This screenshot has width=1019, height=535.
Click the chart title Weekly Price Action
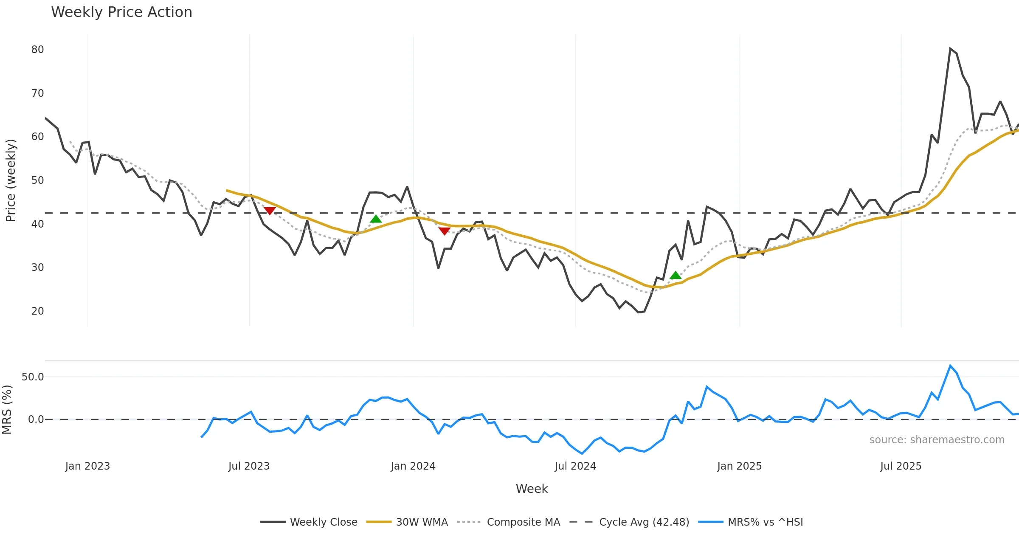(121, 12)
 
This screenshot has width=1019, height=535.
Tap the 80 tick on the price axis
(37, 50)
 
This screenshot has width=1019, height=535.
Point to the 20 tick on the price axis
(37, 311)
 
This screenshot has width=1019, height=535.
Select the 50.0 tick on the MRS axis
(33, 377)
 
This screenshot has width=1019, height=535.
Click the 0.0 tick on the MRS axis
(36, 420)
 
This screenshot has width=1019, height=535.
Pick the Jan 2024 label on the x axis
(413, 466)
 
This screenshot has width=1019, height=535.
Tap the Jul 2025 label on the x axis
(901, 466)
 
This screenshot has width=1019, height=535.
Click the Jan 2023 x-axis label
(87, 466)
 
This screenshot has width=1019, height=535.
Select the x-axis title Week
(532, 489)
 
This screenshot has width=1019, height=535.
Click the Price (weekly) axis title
(11, 180)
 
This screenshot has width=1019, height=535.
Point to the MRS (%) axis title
(7, 410)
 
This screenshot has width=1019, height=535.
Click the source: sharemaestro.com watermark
(937, 440)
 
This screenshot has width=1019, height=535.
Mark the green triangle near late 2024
(675, 276)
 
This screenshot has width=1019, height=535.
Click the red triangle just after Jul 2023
(270, 211)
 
